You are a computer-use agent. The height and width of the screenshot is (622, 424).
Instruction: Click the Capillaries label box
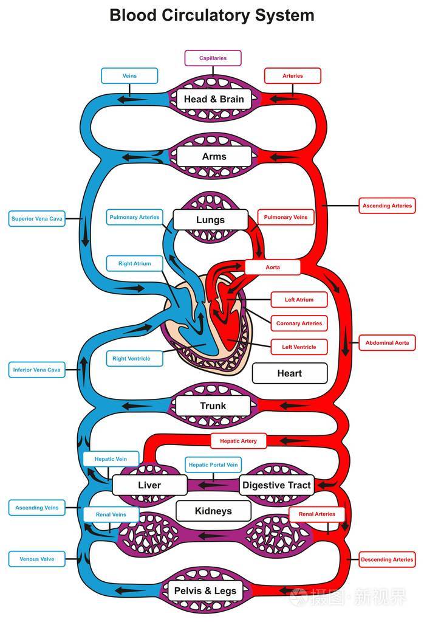click(x=213, y=58)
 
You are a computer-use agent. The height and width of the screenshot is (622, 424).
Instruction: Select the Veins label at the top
click(x=129, y=76)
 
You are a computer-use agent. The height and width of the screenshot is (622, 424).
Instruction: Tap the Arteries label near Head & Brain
click(x=292, y=76)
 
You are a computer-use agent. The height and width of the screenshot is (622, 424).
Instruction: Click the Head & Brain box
click(x=213, y=99)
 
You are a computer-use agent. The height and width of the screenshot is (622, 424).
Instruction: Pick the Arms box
click(x=213, y=156)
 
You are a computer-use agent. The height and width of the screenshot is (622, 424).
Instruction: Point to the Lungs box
click(x=210, y=219)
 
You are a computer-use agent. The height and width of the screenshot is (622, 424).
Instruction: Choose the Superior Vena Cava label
click(x=36, y=219)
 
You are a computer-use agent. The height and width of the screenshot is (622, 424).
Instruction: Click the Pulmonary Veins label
click(x=286, y=217)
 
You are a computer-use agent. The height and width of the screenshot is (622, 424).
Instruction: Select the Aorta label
click(x=272, y=267)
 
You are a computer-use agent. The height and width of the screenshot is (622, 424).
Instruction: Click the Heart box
click(x=289, y=373)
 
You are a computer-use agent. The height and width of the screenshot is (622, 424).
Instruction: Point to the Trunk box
click(x=213, y=406)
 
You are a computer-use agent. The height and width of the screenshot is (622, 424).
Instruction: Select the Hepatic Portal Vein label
click(x=213, y=465)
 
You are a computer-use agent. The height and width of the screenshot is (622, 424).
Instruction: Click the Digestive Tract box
click(x=276, y=485)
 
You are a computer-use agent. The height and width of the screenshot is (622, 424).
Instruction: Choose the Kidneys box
click(x=213, y=511)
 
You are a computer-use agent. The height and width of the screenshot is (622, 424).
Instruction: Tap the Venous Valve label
click(x=36, y=559)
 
